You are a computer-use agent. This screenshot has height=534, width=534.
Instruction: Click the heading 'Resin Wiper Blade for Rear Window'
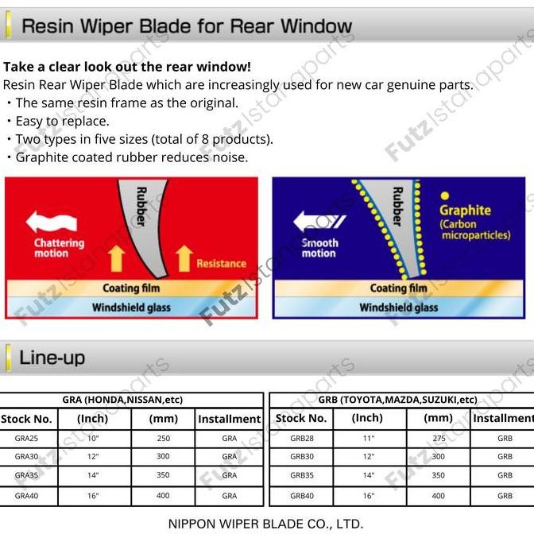(186, 26)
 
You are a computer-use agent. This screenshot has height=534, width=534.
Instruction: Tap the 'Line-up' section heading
(52, 358)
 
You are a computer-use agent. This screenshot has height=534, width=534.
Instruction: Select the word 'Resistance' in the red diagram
(221, 263)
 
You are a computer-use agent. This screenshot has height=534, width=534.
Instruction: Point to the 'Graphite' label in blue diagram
(465, 211)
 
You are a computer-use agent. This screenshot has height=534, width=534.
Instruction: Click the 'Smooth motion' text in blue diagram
(319, 248)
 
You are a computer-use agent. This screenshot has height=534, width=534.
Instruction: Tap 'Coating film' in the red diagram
(131, 288)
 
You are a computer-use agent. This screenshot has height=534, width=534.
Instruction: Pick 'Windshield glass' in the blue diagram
(398, 308)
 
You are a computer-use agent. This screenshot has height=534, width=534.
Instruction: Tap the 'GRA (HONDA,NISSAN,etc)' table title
(132, 400)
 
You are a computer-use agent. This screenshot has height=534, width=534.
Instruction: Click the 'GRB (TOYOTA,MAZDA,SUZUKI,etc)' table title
(397, 400)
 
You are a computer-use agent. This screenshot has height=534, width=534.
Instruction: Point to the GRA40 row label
(26, 496)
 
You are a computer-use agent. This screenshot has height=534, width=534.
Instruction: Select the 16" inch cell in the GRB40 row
(367, 496)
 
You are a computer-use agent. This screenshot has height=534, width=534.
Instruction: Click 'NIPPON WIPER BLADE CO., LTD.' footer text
(266, 524)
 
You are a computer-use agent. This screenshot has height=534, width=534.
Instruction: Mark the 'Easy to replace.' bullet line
(62, 121)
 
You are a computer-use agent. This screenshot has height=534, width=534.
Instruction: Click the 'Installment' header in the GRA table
(229, 419)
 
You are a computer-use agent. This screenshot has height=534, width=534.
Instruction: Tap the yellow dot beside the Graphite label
(445, 195)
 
